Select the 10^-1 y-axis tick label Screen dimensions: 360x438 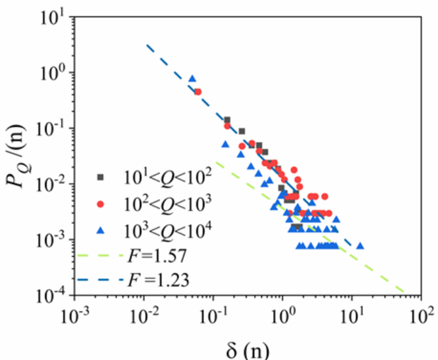[51, 128]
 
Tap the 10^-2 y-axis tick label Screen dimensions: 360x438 [51, 184]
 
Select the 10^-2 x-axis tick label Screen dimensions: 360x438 [144, 315]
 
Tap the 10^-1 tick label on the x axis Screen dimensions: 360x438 [213, 315]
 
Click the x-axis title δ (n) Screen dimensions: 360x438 [248, 347]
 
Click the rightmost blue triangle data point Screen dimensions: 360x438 [360, 246]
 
